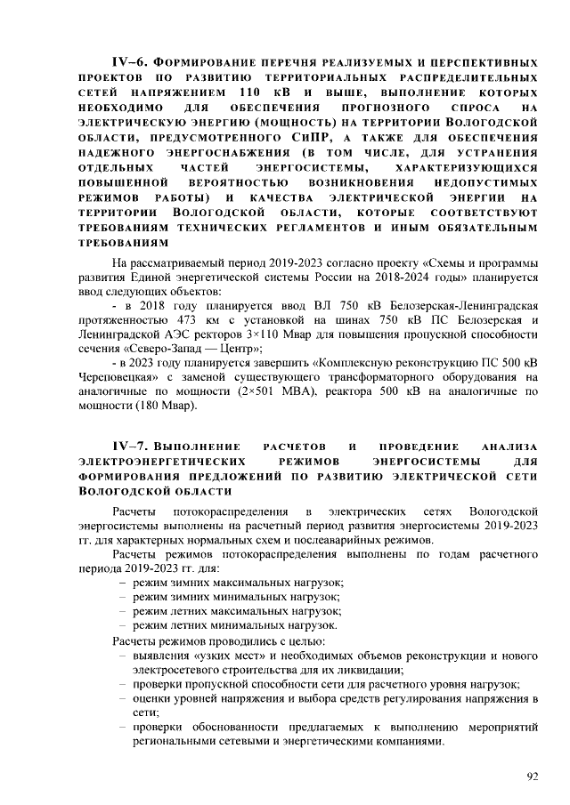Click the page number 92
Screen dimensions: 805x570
[533, 776]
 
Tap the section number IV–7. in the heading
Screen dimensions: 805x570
[128, 447]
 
